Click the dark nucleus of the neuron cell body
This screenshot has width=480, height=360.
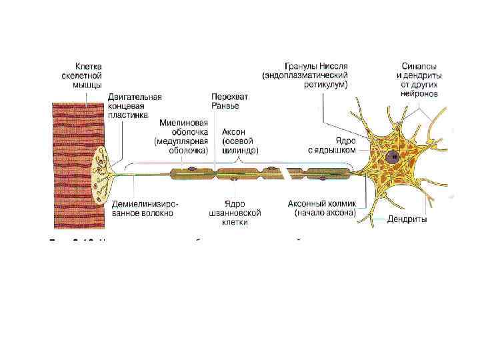[393, 159]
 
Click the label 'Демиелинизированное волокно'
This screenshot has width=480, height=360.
[145, 208]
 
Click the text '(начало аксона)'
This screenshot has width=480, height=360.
[325, 213]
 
